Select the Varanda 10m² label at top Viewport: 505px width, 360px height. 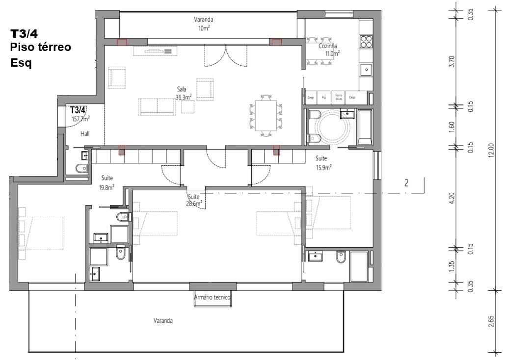(203, 24)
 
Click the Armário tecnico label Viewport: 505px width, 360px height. (212, 297)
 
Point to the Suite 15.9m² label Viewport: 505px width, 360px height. (322, 163)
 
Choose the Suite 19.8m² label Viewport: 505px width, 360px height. (107, 182)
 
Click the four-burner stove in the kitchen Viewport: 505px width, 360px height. (366, 41)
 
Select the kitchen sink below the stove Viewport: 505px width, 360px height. (366, 70)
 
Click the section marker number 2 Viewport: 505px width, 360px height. (406, 183)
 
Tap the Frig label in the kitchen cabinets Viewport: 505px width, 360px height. (324, 98)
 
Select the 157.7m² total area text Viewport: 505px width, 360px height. (80, 119)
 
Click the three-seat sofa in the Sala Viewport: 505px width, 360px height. (157, 106)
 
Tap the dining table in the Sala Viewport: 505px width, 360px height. (266, 116)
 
